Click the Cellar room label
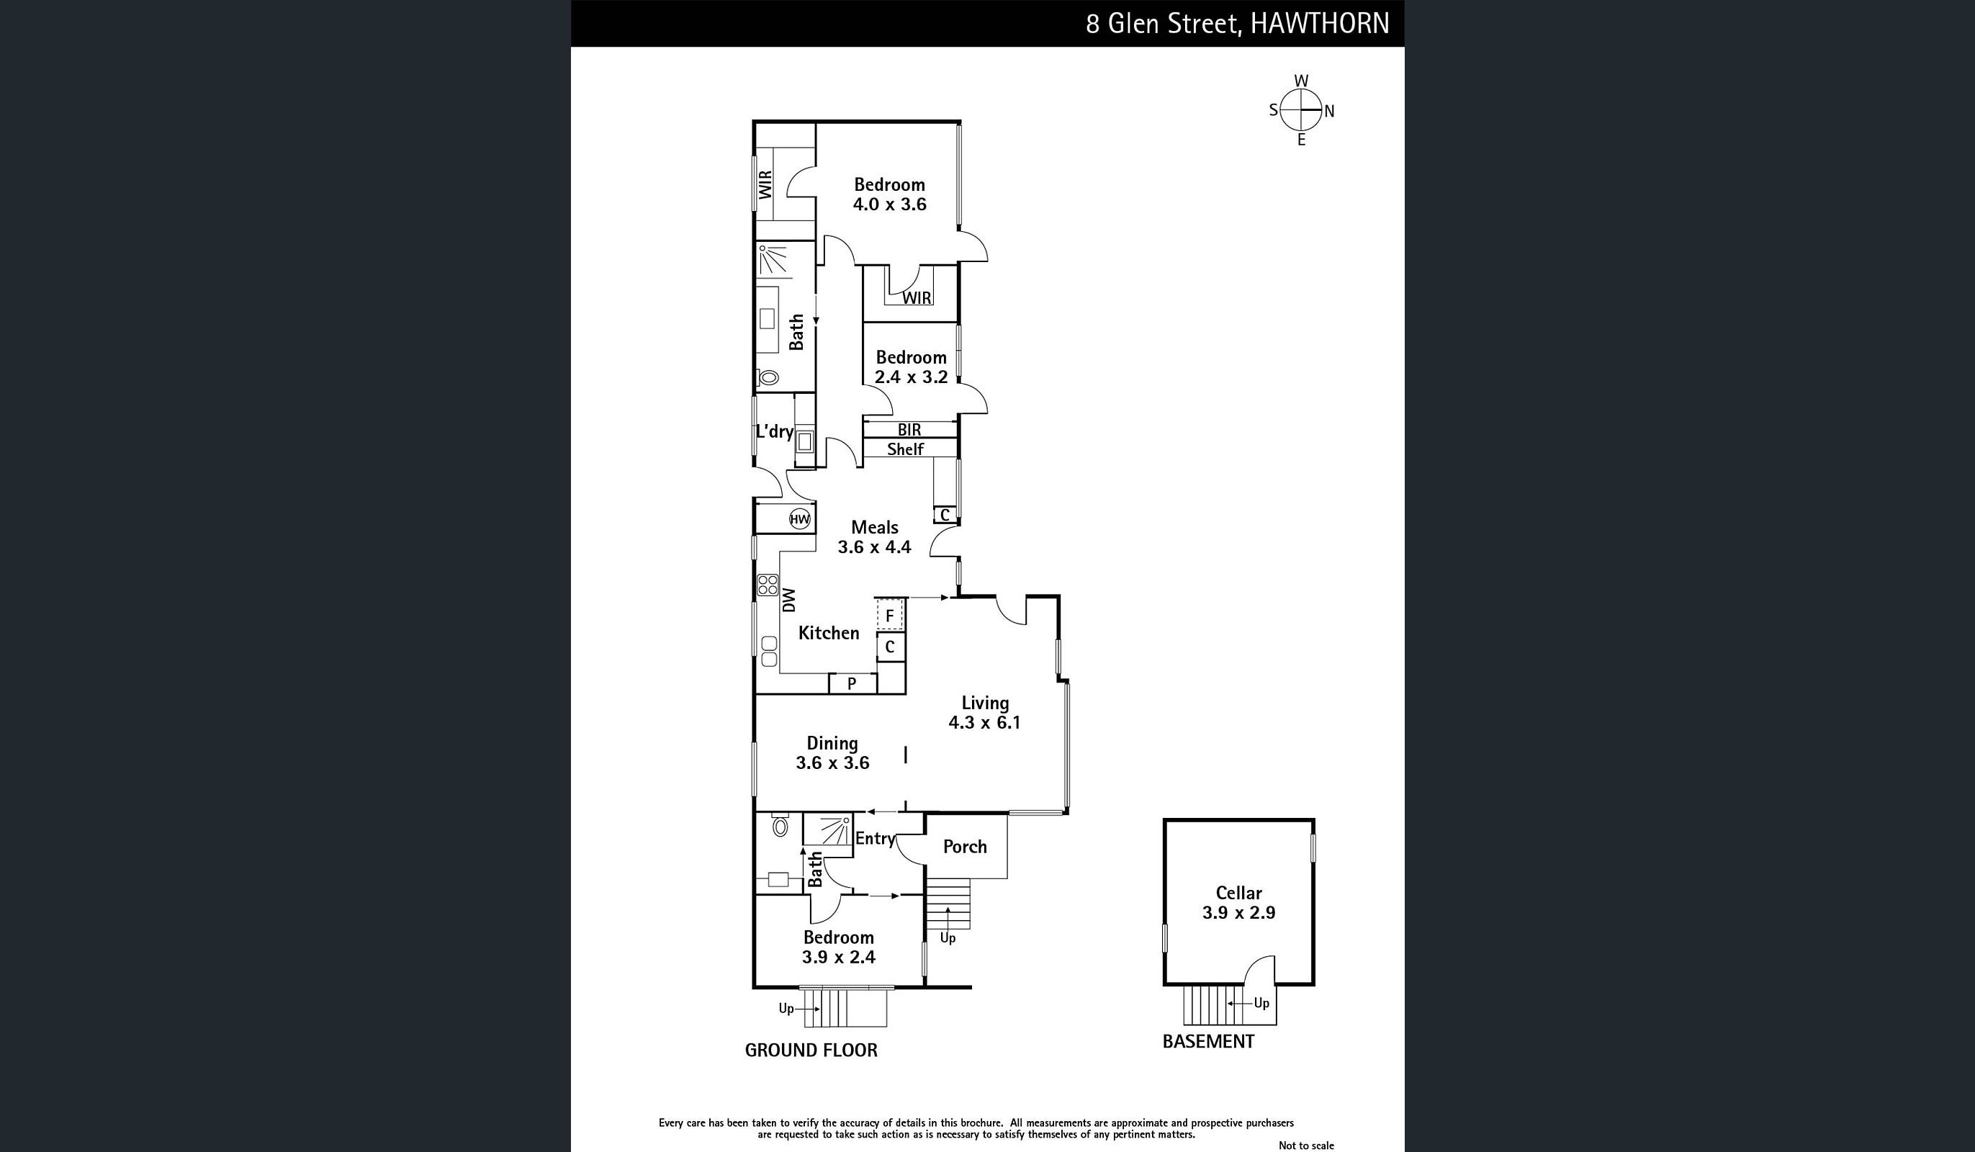click(1238, 903)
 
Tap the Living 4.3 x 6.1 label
click(984, 712)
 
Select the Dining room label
click(832, 752)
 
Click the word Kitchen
click(829, 632)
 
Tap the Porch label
click(965, 847)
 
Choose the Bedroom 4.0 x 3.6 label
click(889, 194)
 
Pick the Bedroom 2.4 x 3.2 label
click(911, 366)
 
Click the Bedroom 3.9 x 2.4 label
click(839, 947)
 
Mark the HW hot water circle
click(799, 519)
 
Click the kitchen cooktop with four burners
click(768, 585)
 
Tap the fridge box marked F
click(889, 615)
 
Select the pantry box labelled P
click(852, 683)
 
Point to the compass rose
click(1301, 110)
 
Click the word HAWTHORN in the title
click(1320, 24)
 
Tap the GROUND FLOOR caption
click(811, 1050)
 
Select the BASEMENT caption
click(1207, 1042)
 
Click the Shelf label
click(905, 449)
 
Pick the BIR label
click(909, 429)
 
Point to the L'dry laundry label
click(774, 432)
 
